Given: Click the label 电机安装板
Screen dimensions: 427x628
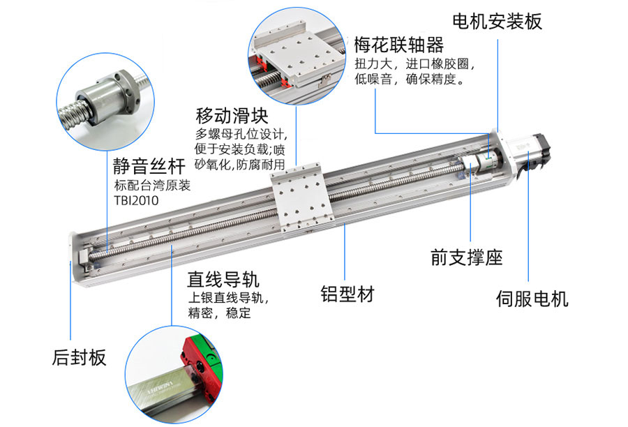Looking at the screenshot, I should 497,22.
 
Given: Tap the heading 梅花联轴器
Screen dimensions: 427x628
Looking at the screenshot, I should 399,46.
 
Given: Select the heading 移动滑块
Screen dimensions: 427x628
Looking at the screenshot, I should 232,116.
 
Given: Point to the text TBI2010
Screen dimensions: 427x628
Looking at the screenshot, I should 136,201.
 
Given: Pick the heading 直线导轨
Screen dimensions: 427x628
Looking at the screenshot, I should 223,280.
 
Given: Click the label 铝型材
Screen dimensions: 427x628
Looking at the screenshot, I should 347,294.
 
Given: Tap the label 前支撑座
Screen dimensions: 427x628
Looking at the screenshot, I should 466,257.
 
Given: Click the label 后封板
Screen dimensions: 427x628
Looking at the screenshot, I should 79,359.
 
